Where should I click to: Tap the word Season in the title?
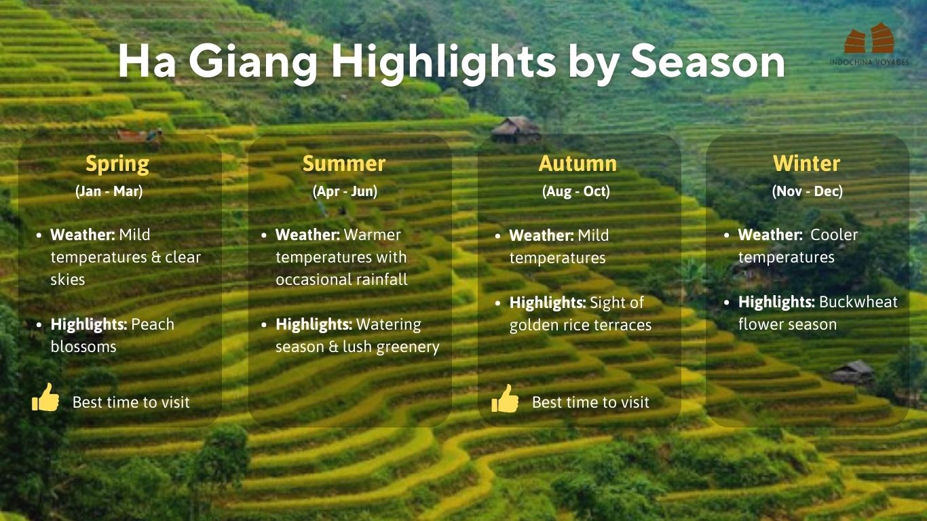coord(708,62)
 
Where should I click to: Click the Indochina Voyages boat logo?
coord(869,39)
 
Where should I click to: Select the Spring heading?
coord(117,165)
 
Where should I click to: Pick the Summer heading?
coord(344,163)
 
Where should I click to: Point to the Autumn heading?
coord(578,163)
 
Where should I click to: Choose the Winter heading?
coord(807,163)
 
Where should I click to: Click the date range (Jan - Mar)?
coord(109,191)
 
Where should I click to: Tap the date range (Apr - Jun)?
coord(345,191)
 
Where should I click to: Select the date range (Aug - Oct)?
coord(575,191)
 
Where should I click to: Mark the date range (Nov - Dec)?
coord(808,191)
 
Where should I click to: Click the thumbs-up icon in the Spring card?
coord(45,398)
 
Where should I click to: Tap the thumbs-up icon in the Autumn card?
coord(505,398)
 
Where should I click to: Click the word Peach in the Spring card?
coord(153,324)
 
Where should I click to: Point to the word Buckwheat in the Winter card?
coord(858,302)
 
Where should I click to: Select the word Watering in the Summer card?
coord(389,325)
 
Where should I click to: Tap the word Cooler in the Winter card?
coord(834,235)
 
